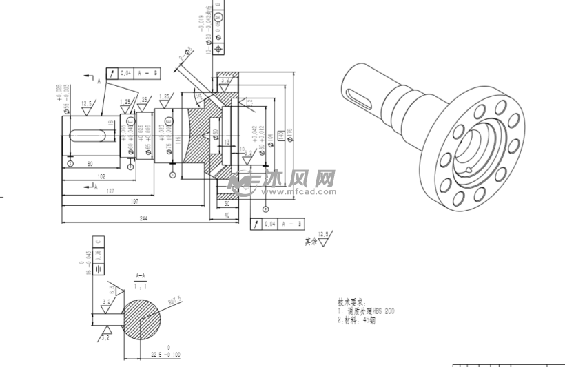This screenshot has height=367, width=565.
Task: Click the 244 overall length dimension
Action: [144, 218]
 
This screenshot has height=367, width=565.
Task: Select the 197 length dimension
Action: [136, 201]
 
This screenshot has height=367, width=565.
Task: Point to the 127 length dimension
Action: [111, 191]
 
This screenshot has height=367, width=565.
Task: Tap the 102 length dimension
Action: [101, 176]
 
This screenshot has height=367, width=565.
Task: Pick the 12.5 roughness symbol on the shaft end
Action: [88, 105]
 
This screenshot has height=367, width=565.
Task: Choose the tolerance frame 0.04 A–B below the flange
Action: [279, 224]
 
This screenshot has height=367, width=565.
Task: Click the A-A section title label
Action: [141, 274]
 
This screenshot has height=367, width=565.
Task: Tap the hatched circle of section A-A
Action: [142, 319]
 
